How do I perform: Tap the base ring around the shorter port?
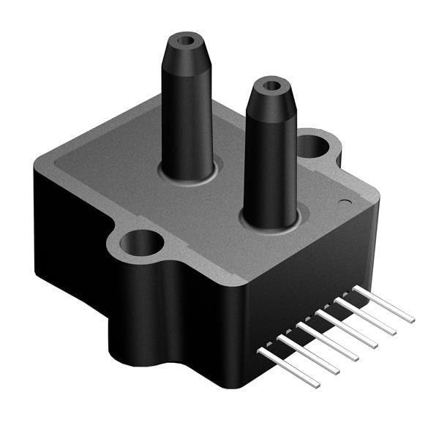pyautogui.click(x=271, y=224)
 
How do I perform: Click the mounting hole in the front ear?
pyautogui.click(x=139, y=241)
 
